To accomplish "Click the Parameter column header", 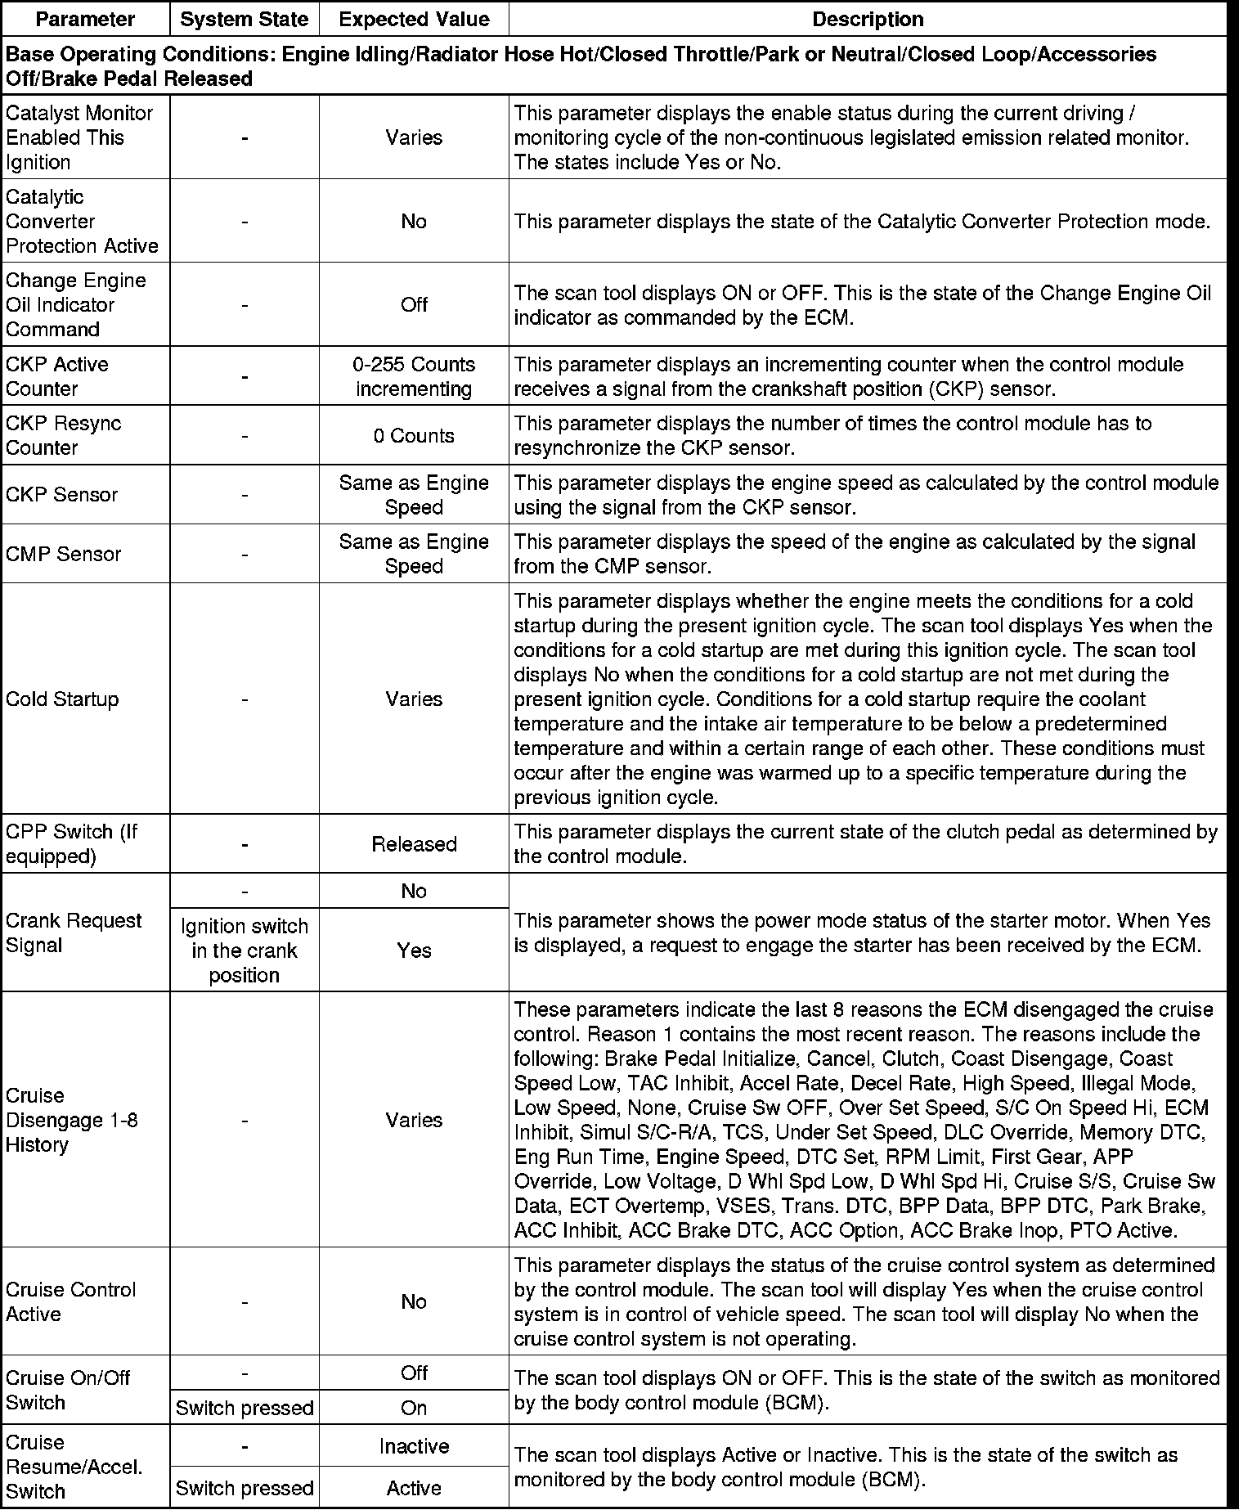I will pyautogui.click(x=85, y=19).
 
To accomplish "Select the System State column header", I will pyautogui.click(x=244, y=19).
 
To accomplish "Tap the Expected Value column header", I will pyautogui.click(x=414, y=19).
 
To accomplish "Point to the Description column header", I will pyautogui.click(x=868, y=19).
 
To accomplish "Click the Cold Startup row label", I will pyautogui.click(x=62, y=699).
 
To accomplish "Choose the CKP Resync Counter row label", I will pyautogui.click(x=63, y=436).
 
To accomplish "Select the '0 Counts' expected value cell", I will pyautogui.click(x=414, y=436).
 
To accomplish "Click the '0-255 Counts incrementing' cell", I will pyautogui.click(x=414, y=376).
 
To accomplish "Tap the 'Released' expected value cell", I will pyautogui.click(x=414, y=844).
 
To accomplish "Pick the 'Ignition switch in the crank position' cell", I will pyautogui.click(x=244, y=950).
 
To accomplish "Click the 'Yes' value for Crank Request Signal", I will pyautogui.click(x=414, y=950).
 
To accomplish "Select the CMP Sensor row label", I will pyautogui.click(x=63, y=554).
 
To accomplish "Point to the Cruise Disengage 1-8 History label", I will pyautogui.click(x=71, y=1120).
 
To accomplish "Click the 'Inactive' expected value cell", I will pyautogui.click(x=414, y=1446).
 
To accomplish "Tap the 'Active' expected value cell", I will pyautogui.click(x=414, y=1488).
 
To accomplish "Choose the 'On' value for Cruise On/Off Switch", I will pyautogui.click(x=414, y=1408).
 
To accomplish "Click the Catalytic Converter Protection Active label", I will pyautogui.click(x=82, y=222).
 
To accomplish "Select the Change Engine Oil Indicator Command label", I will pyautogui.click(x=75, y=305).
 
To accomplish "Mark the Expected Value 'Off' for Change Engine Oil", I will pyautogui.click(x=414, y=305).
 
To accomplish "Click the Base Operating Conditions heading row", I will pyautogui.click(x=581, y=66).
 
